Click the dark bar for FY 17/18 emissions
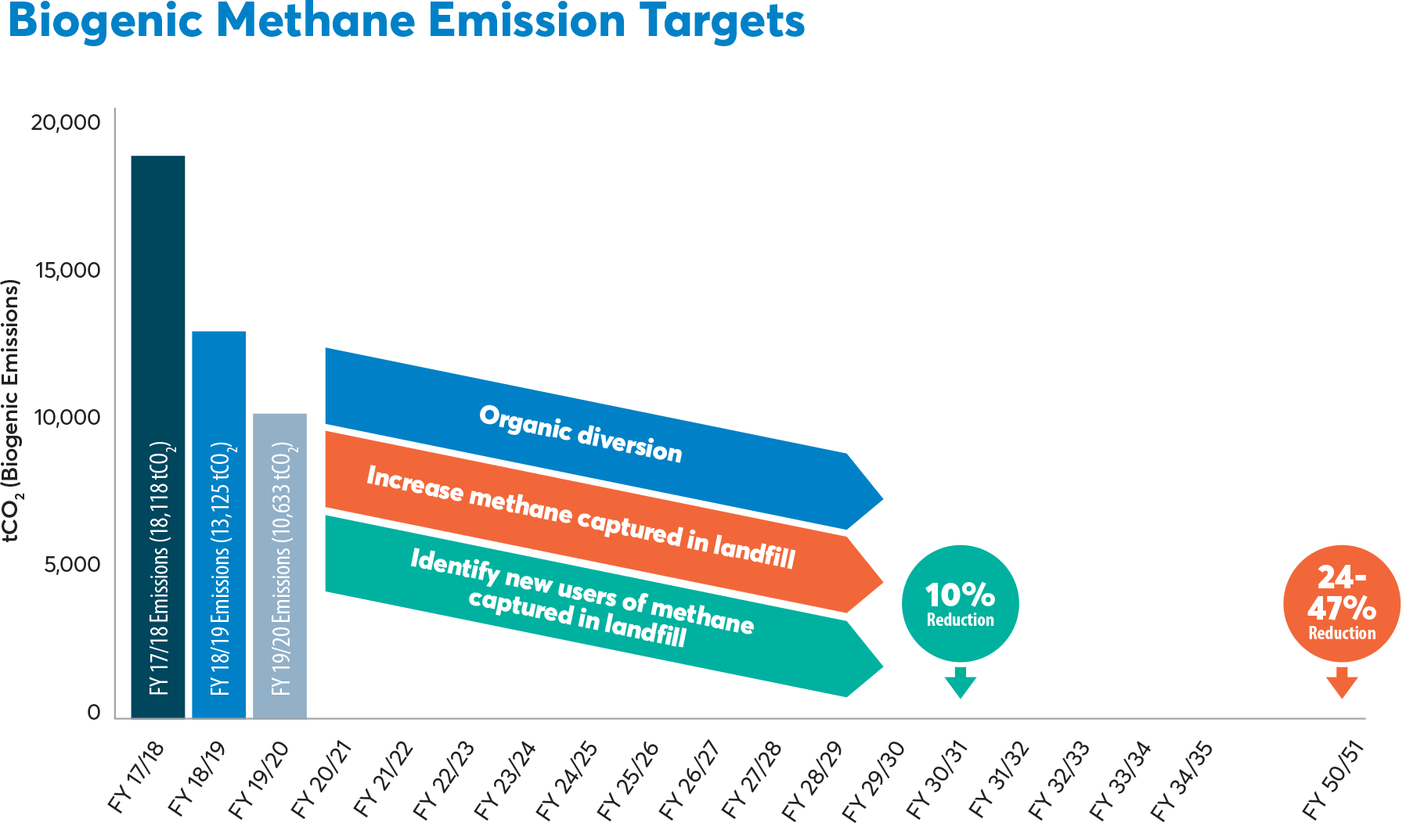point(157,437)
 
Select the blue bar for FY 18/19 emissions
point(219,524)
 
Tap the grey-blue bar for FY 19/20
point(279,566)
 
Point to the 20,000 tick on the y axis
point(67,123)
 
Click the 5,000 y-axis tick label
point(71,565)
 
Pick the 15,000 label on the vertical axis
point(68,271)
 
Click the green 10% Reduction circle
point(960,603)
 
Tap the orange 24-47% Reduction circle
point(1341,603)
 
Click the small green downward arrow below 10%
point(960,682)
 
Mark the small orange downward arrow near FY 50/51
point(1341,682)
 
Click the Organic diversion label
point(581,434)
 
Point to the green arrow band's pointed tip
point(883,667)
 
